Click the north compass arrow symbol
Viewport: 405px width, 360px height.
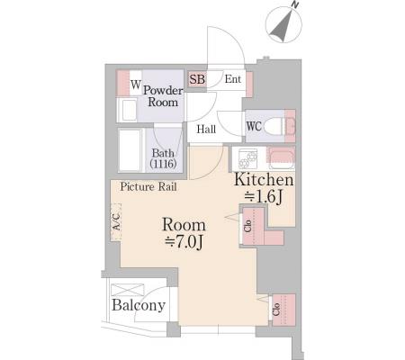[x=283, y=25]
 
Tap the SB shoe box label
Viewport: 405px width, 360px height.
[x=197, y=79]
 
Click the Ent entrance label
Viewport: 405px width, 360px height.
[x=233, y=79]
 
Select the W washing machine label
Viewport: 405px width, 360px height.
[x=135, y=85]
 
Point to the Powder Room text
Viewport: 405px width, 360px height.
[x=163, y=96]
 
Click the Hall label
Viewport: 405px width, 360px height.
[x=206, y=130]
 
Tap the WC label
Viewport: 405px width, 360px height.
[x=254, y=126]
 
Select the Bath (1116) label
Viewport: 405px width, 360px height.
[x=163, y=158]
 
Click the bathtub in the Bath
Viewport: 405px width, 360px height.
[x=131, y=150]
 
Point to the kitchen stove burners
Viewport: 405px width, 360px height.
[x=247, y=158]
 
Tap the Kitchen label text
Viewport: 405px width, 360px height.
[x=264, y=179]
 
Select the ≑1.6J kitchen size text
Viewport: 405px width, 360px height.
[x=264, y=197]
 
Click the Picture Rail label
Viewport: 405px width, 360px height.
[x=148, y=186]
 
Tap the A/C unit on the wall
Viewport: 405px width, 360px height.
[x=116, y=221]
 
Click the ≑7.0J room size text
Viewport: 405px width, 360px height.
[x=184, y=242]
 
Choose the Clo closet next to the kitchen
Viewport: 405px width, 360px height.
[x=253, y=226]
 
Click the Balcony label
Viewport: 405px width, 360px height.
[x=139, y=305]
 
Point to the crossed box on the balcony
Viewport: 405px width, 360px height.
[x=128, y=290]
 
